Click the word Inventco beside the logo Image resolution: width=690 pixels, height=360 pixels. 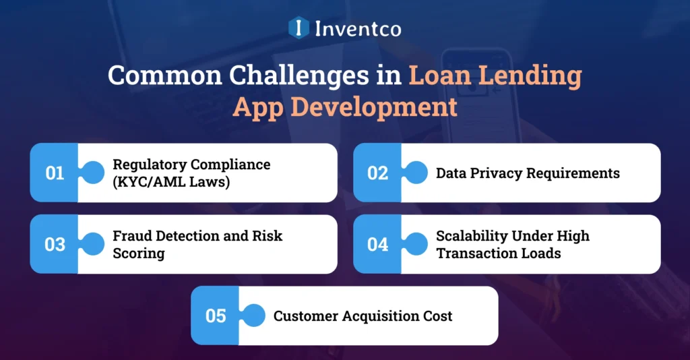357,28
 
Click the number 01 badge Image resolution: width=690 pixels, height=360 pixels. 55,173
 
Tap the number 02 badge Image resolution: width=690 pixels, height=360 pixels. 378,173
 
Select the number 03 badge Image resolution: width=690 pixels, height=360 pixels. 55,244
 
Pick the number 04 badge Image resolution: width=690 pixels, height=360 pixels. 378,244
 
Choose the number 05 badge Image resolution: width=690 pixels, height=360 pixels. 216,316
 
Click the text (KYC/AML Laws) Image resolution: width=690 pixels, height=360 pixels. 171,181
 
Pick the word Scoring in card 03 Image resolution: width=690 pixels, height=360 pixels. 138,253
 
